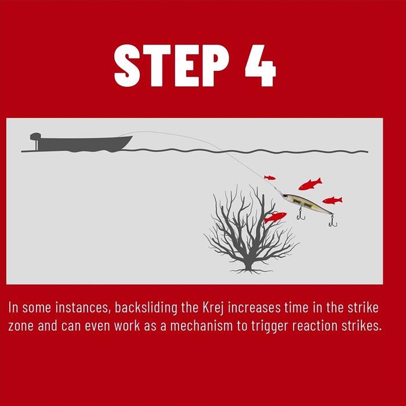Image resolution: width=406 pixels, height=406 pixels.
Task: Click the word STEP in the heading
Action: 172,66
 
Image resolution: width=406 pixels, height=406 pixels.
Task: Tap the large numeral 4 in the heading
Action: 260,66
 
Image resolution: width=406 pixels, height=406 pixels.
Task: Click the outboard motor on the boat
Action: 36,140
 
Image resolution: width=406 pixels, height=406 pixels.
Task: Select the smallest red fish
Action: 270,177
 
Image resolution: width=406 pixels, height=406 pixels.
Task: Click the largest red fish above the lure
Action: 310,184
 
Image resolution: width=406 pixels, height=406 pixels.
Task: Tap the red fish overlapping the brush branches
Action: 275,217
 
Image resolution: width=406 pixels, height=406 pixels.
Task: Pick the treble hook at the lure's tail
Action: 333,222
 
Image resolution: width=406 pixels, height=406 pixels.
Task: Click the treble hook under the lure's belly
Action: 301,214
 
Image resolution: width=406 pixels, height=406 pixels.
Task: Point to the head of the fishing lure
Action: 286,197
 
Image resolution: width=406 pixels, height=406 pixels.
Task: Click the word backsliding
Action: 146,308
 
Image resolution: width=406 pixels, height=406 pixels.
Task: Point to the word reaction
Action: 314,326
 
